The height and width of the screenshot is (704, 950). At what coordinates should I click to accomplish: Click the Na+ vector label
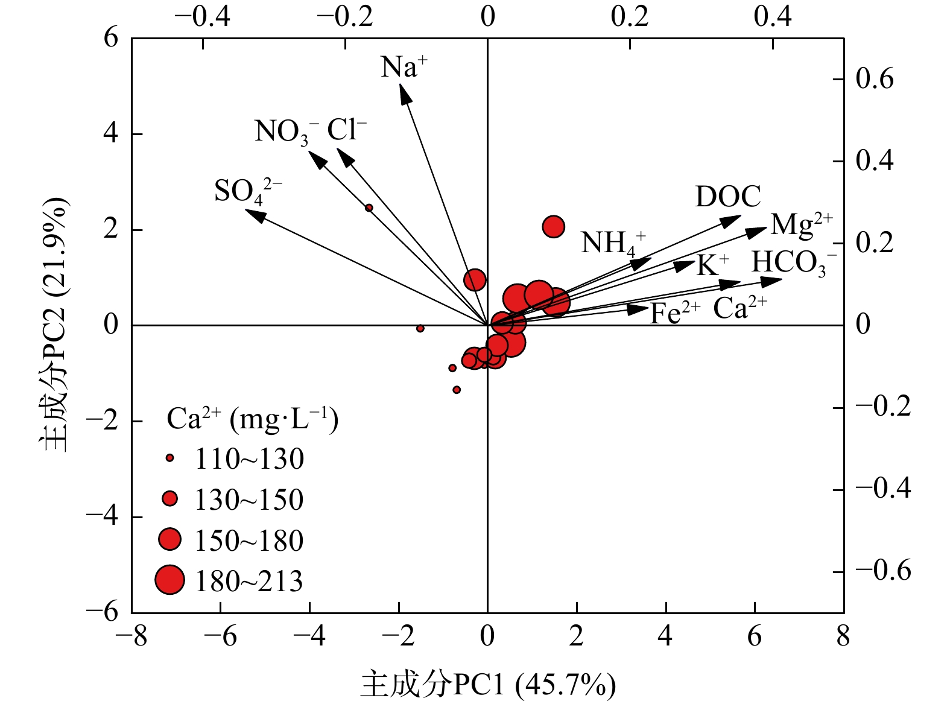(404, 66)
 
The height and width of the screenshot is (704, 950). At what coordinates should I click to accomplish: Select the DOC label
(728, 197)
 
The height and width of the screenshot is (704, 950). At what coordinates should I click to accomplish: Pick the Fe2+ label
(674, 313)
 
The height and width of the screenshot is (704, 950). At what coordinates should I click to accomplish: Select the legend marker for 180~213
(169, 580)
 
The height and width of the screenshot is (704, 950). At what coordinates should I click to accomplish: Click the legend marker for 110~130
(170, 458)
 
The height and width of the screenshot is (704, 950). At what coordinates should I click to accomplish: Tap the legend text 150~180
(249, 541)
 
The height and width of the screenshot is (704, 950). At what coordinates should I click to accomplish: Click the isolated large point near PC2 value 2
(554, 227)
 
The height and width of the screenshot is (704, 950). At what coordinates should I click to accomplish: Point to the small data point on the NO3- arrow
(369, 208)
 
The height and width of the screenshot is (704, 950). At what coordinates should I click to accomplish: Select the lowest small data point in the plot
(457, 390)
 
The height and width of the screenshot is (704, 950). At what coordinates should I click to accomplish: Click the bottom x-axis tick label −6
(221, 636)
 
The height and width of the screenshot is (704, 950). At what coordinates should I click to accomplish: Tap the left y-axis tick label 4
(111, 133)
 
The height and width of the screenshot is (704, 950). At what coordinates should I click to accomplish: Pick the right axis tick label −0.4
(883, 488)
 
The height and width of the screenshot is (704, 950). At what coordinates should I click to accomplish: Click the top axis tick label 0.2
(630, 16)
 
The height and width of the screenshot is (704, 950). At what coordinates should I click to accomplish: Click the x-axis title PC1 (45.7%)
(489, 685)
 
